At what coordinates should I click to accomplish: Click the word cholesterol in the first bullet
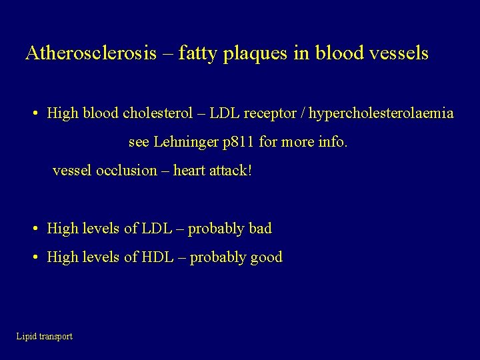point(154,113)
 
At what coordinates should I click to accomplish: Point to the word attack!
point(231,171)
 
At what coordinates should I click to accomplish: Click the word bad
point(260,229)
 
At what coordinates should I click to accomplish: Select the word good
point(266,257)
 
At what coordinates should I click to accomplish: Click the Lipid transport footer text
point(45,337)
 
